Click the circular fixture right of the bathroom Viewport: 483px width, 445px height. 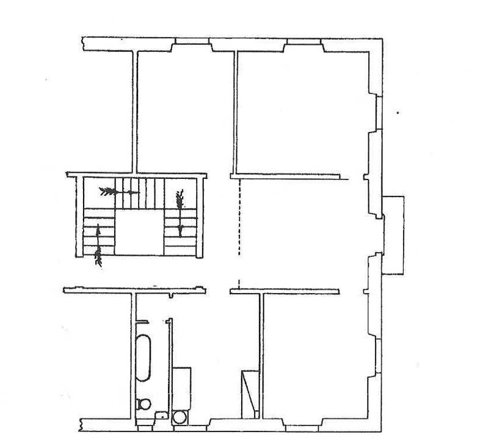[x=181, y=417]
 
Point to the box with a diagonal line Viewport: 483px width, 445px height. [x=249, y=393]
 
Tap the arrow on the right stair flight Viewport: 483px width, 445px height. [x=180, y=211]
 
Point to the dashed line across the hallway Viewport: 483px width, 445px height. [x=239, y=232]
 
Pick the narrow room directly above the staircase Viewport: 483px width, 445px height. [x=184, y=110]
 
